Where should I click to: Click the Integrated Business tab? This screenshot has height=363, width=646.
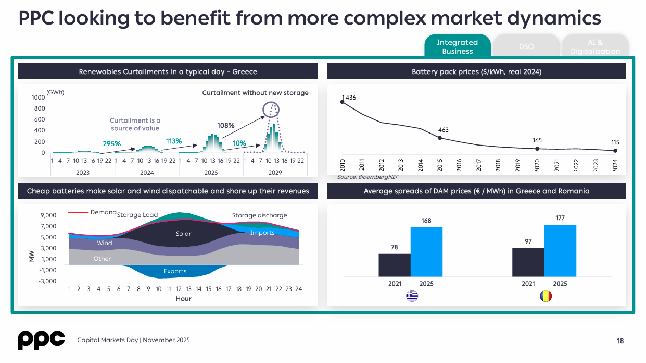pos(457,46)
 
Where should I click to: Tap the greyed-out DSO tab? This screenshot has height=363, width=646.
pos(526,46)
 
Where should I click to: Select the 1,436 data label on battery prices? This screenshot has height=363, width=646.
pos(349,98)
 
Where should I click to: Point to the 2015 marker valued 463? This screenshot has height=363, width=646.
pos(440,138)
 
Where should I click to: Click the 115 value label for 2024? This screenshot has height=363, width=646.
pos(615,142)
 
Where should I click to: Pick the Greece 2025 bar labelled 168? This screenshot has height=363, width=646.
pos(426,252)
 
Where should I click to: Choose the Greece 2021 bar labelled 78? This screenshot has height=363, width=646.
pos(395,265)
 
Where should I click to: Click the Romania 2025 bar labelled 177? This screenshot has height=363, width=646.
pos(560,250)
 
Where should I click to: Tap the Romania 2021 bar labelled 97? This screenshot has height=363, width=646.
pos(528,262)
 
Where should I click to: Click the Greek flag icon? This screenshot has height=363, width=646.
pos(412,296)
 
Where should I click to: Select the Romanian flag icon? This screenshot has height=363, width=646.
pos(546,296)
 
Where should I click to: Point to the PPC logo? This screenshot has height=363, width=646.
pos(41,340)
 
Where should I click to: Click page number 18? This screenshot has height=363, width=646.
pos(620,341)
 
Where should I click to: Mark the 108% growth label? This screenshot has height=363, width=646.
pos(226,126)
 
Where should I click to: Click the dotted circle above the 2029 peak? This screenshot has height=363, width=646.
pos(271,110)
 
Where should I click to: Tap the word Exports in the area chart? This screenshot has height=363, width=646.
pos(175,271)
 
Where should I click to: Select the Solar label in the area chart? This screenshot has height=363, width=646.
pos(184,234)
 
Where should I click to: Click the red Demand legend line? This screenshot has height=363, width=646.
pos(78,212)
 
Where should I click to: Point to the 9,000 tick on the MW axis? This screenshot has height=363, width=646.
pos(48,215)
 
